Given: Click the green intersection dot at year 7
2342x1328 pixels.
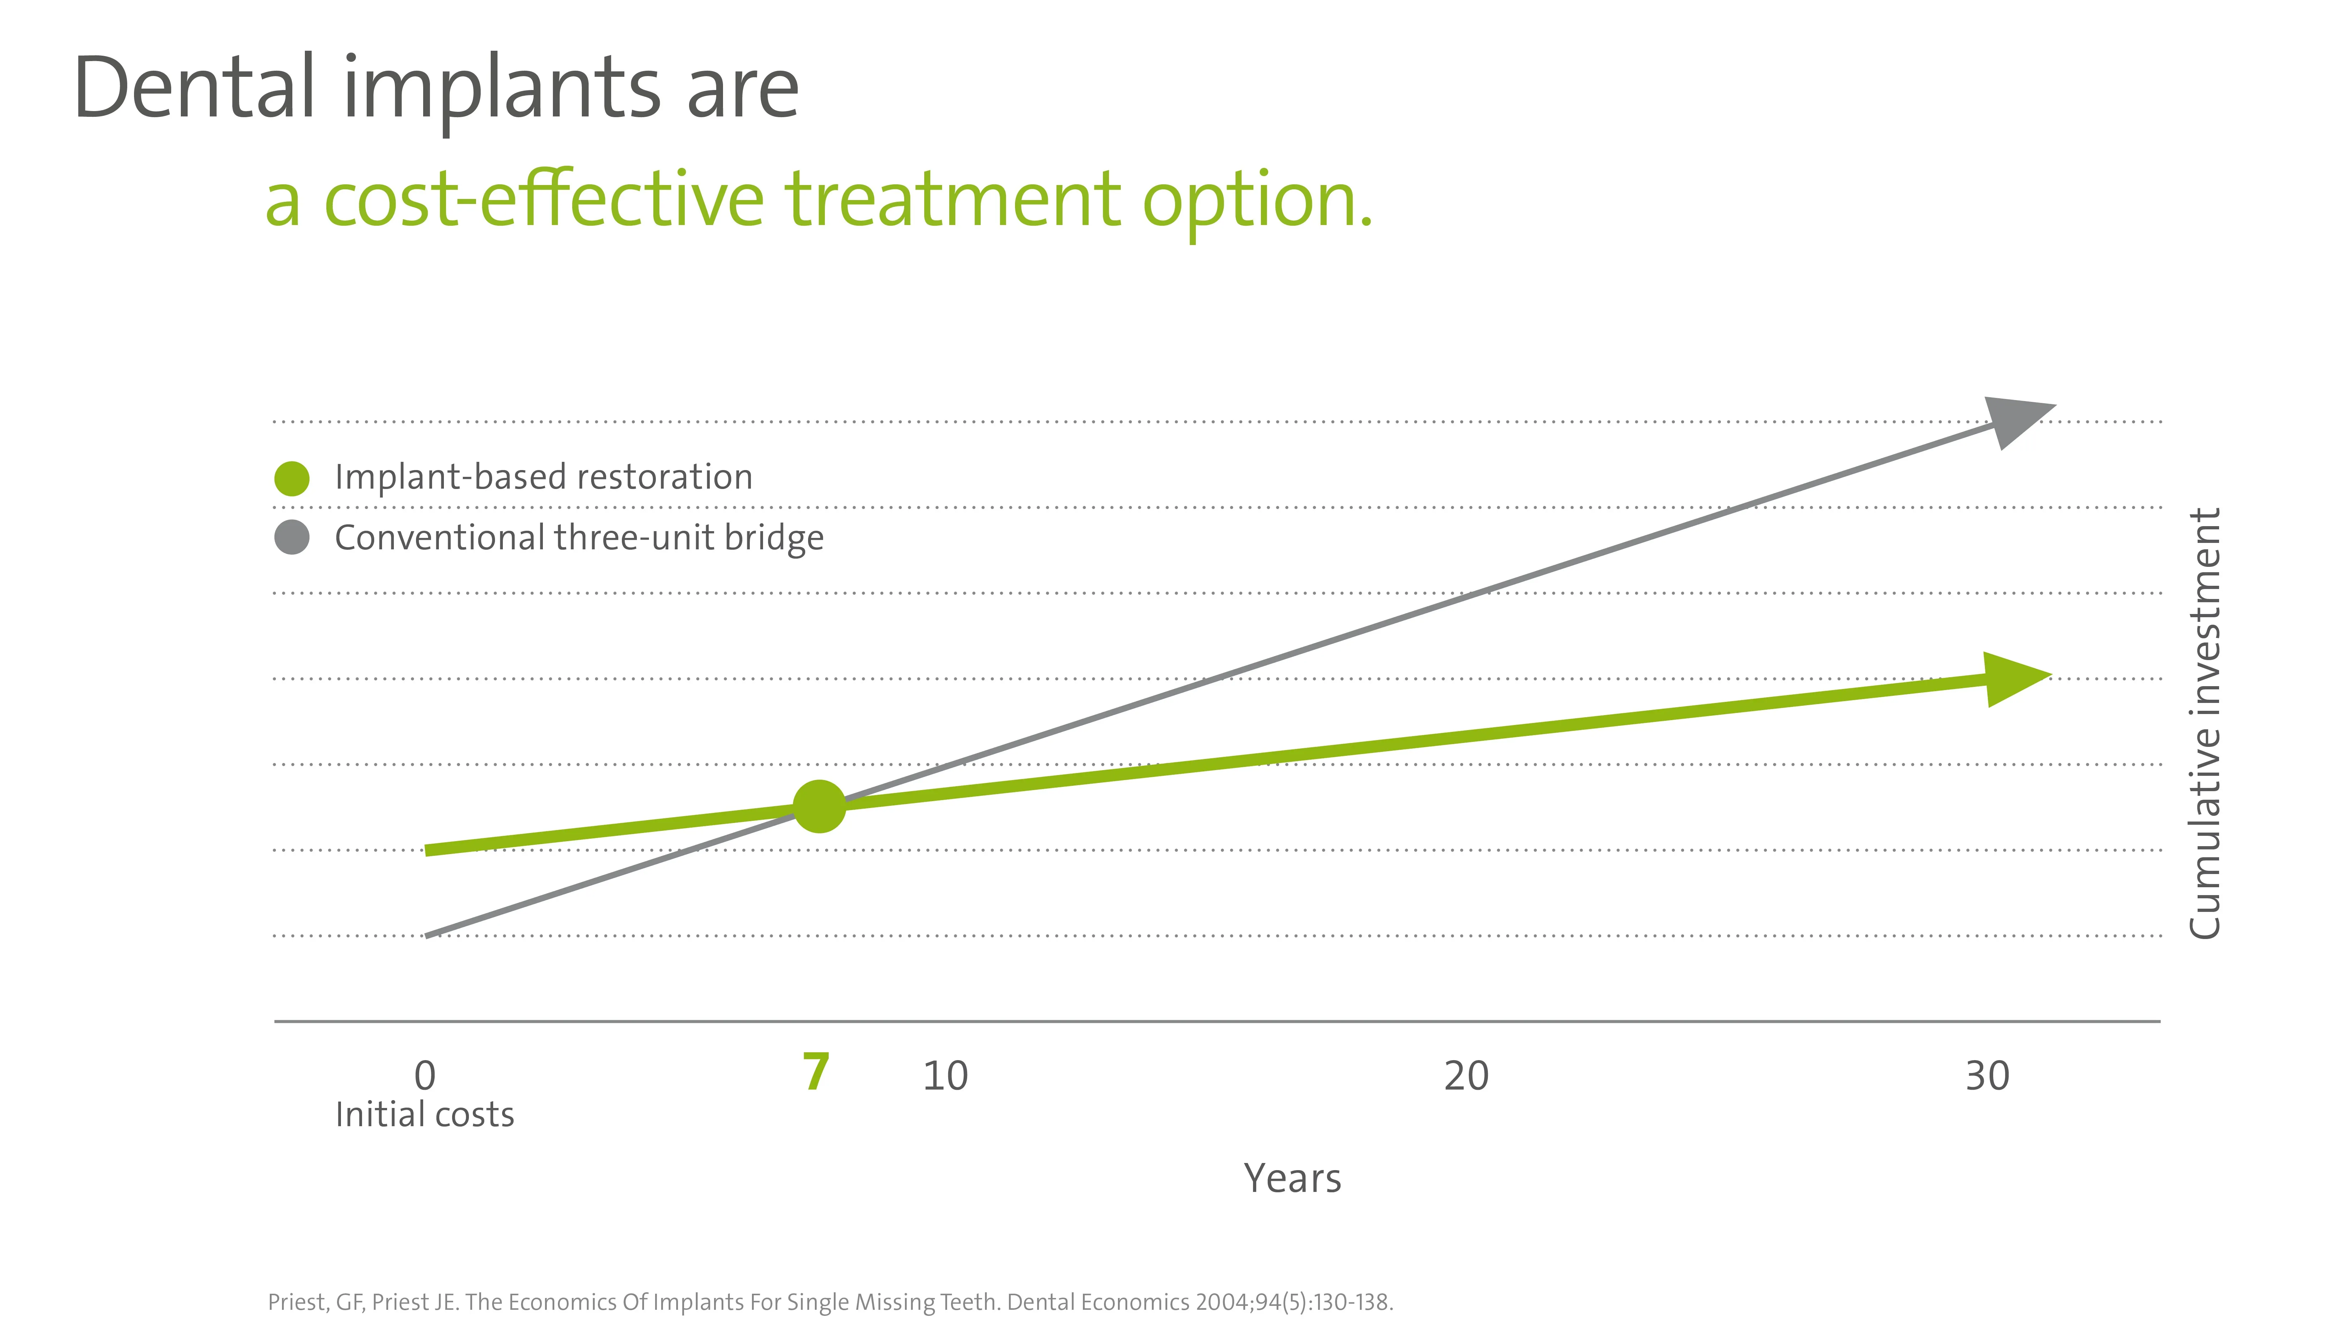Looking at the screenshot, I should coord(819,806).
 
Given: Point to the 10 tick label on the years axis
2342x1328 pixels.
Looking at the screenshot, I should coord(945,1076).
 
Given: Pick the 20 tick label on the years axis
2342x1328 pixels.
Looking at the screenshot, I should coord(1466,1076).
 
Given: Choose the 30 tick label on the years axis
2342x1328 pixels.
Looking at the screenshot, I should coord(1987,1076).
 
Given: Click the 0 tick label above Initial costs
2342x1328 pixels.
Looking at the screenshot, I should coord(425,1076).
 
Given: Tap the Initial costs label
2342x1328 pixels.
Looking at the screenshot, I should coord(425,1114).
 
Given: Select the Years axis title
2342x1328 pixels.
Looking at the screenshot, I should coord(1292,1178).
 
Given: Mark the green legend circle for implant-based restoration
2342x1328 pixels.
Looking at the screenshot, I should coord(292,478).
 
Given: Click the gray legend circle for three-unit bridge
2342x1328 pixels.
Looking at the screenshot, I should coord(292,537).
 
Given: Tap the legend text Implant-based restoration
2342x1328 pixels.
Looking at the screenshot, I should coord(544,477).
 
